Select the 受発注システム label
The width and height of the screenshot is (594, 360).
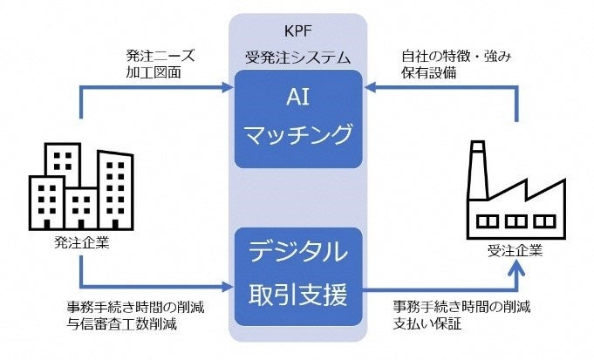(x=297, y=58)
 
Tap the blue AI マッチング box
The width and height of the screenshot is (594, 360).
(x=297, y=119)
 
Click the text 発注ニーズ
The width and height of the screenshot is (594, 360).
(x=160, y=55)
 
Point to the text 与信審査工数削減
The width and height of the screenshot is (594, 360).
(x=122, y=324)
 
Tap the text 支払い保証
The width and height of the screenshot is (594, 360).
(x=422, y=324)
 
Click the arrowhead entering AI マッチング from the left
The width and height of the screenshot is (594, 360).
(x=228, y=86)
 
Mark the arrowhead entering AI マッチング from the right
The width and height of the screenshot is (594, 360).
(x=367, y=86)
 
